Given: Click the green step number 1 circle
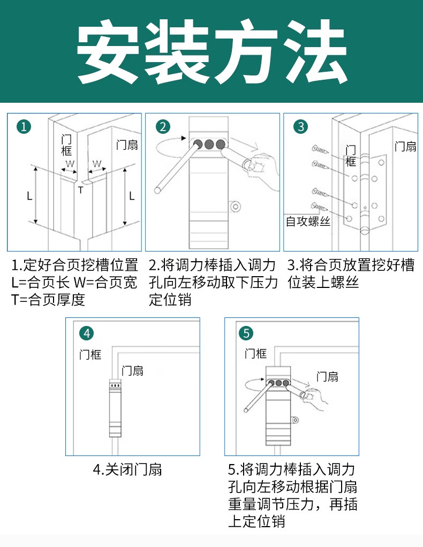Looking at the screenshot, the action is pyautogui.click(x=24, y=127).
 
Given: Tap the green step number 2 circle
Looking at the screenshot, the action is pyautogui.click(x=163, y=127).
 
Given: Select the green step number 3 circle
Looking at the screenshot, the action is pyautogui.click(x=301, y=127).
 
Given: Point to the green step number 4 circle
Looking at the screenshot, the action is pyautogui.click(x=87, y=333).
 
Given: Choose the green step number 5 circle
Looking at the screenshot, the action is pyautogui.click(x=246, y=333).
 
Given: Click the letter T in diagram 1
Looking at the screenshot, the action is pyautogui.click(x=81, y=189).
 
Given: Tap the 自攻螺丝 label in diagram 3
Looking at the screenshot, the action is pyautogui.click(x=308, y=221).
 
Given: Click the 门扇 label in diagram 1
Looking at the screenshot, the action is pyautogui.click(x=127, y=145).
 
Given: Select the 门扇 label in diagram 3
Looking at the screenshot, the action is pyautogui.click(x=405, y=147).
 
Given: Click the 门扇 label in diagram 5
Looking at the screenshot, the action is pyautogui.click(x=327, y=376).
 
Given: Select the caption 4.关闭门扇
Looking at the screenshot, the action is pyautogui.click(x=127, y=470).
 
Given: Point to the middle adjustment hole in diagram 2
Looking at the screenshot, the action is pyautogui.click(x=208, y=144).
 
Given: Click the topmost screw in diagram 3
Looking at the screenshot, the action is pyautogui.click(x=320, y=148).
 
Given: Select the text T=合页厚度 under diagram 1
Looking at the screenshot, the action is pyautogui.click(x=48, y=300).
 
